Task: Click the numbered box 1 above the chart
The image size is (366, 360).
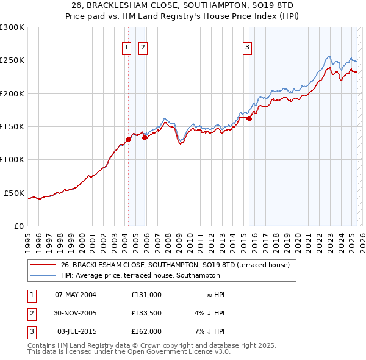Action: [x=126, y=48]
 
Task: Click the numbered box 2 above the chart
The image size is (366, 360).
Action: [x=143, y=48]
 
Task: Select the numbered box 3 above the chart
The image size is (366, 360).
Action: [x=248, y=48]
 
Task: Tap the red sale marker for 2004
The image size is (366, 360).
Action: [x=128, y=139]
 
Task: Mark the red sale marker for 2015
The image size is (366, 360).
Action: [x=249, y=119]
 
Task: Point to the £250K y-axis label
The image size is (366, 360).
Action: [x=12, y=60]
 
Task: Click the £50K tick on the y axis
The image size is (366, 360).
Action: [x=15, y=193]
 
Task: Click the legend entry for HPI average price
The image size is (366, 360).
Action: [x=140, y=276]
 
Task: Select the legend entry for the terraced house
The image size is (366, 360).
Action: [x=179, y=265]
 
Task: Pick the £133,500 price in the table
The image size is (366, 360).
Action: [x=146, y=313]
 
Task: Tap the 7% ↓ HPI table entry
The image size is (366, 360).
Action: [x=211, y=331]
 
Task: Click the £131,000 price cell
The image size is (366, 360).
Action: [x=146, y=295]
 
